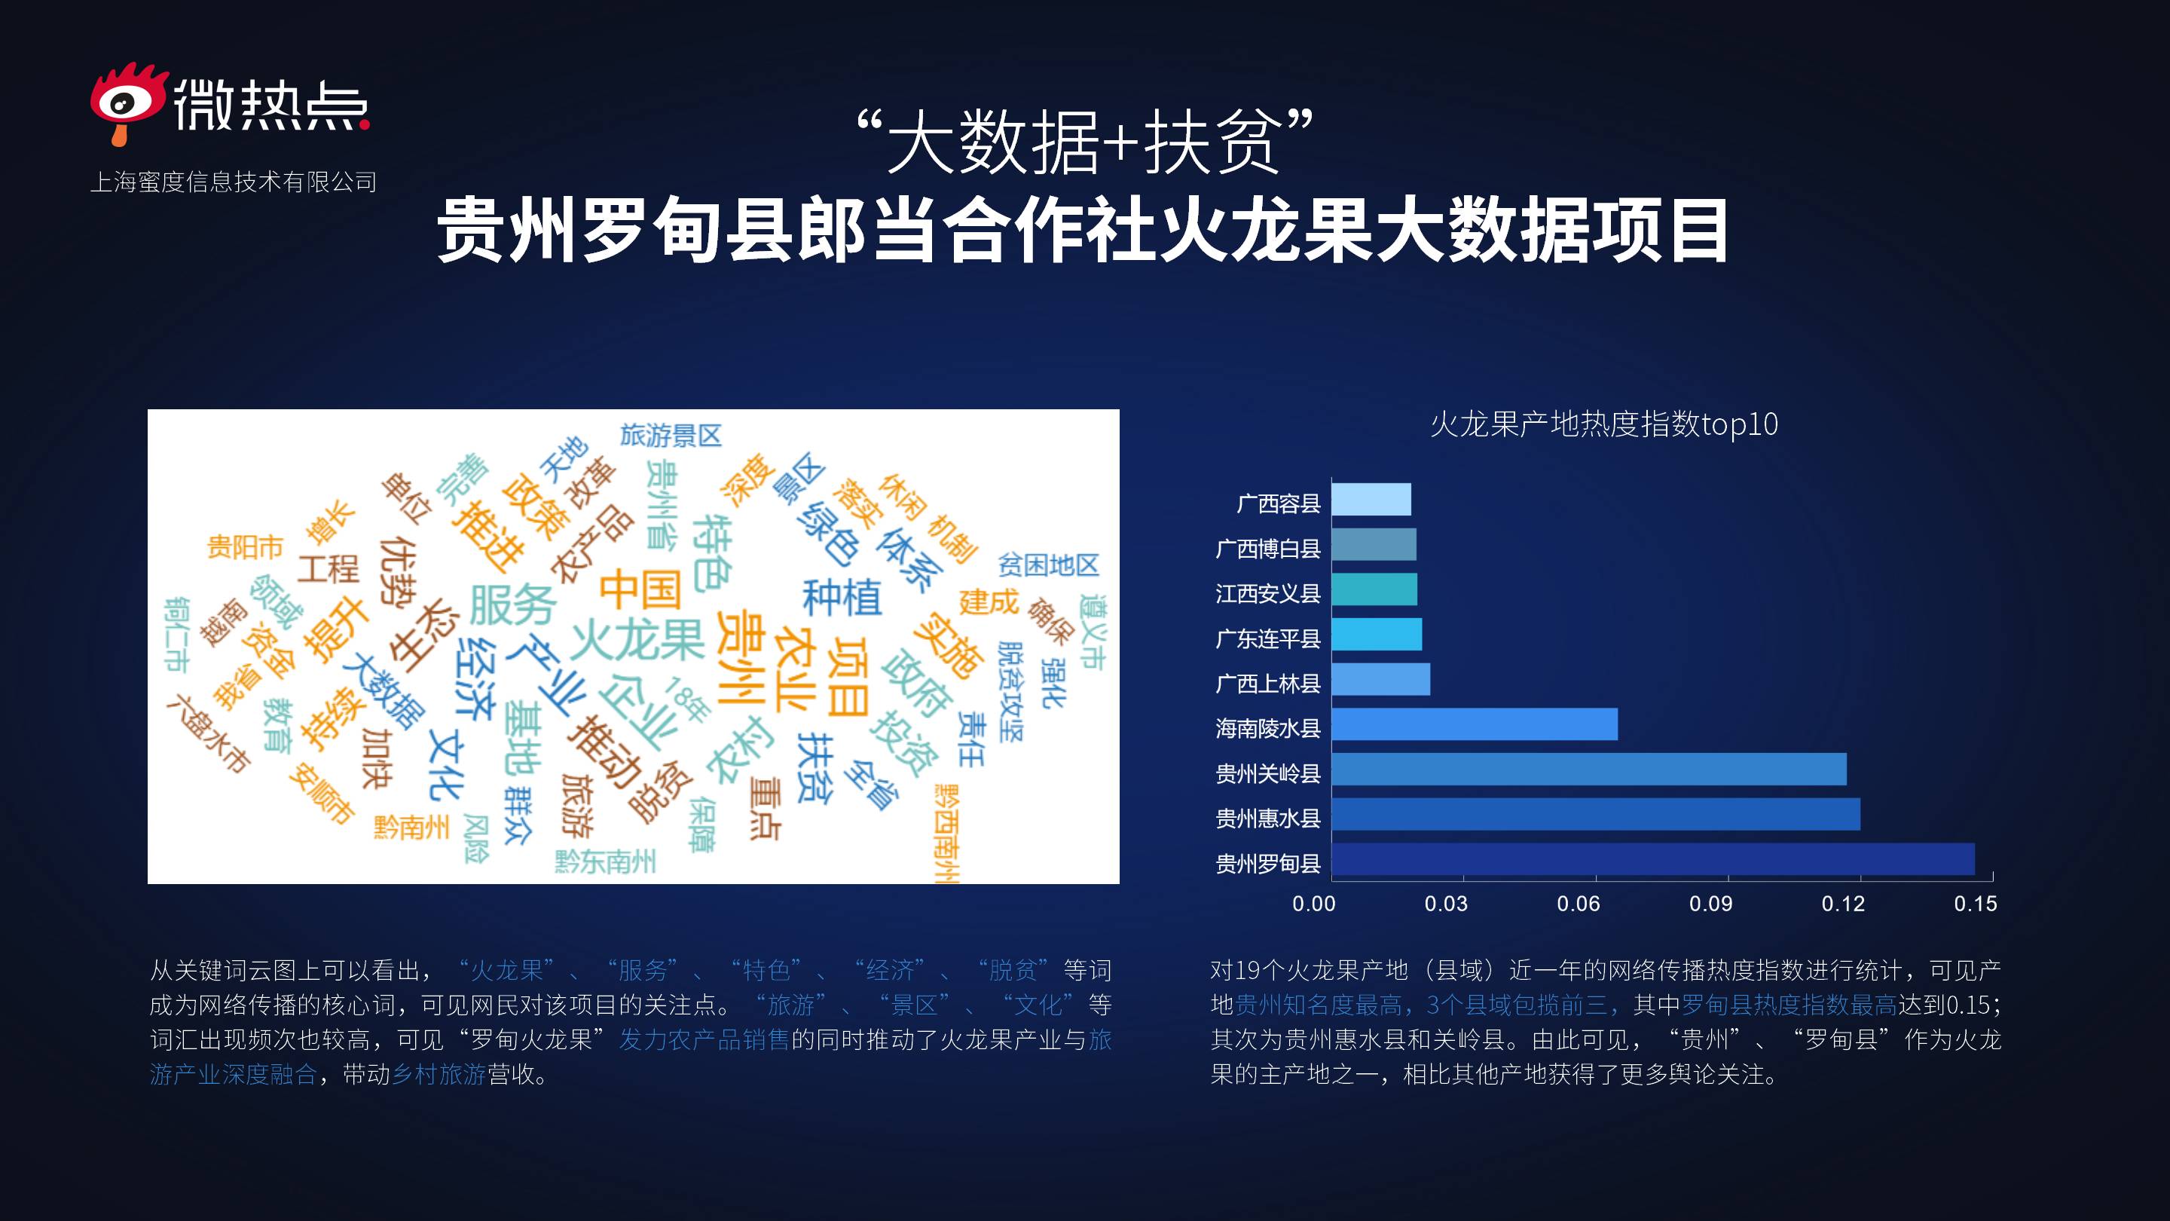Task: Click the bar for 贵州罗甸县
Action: [x=1653, y=859]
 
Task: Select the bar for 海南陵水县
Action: [x=1475, y=724]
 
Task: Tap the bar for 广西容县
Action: [x=1371, y=500]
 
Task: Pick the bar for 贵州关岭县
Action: [x=1589, y=770]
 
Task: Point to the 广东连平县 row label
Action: [x=1268, y=638]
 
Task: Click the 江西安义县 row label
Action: [x=1268, y=594]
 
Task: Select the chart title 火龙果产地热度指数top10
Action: [x=1604, y=424]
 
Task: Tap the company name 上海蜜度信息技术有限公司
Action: [x=234, y=182]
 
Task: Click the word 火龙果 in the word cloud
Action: [x=637, y=641]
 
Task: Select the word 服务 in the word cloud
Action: [x=512, y=604]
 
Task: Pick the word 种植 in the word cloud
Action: [x=842, y=598]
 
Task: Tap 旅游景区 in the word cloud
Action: [x=671, y=436]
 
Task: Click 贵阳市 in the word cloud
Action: [x=245, y=547]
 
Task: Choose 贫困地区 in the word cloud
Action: [x=1049, y=565]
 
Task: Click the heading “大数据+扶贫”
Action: [x=1085, y=141]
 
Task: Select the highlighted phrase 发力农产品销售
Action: [x=704, y=1040]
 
